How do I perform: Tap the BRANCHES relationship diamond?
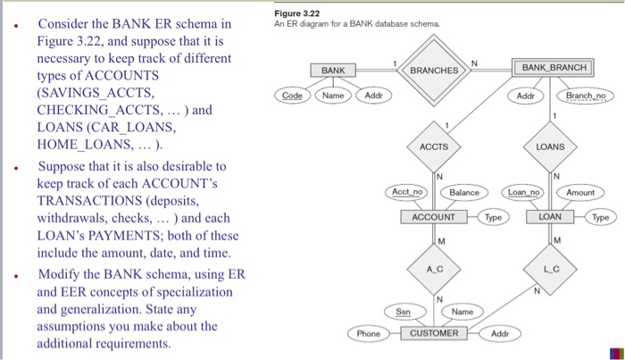[x=433, y=70]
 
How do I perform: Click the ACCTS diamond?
[x=433, y=146]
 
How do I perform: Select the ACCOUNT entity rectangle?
[x=433, y=217]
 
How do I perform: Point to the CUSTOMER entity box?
[x=434, y=333]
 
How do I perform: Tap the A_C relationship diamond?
[x=433, y=269]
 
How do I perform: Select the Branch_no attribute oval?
[x=586, y=94]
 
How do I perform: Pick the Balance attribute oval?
[x=463, y=192]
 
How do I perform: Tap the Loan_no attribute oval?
[x=522, y=192]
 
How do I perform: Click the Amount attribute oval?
[x=579, y=192]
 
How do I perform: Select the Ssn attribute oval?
[x=404, y=311]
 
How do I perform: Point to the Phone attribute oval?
[x=368, y=333]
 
